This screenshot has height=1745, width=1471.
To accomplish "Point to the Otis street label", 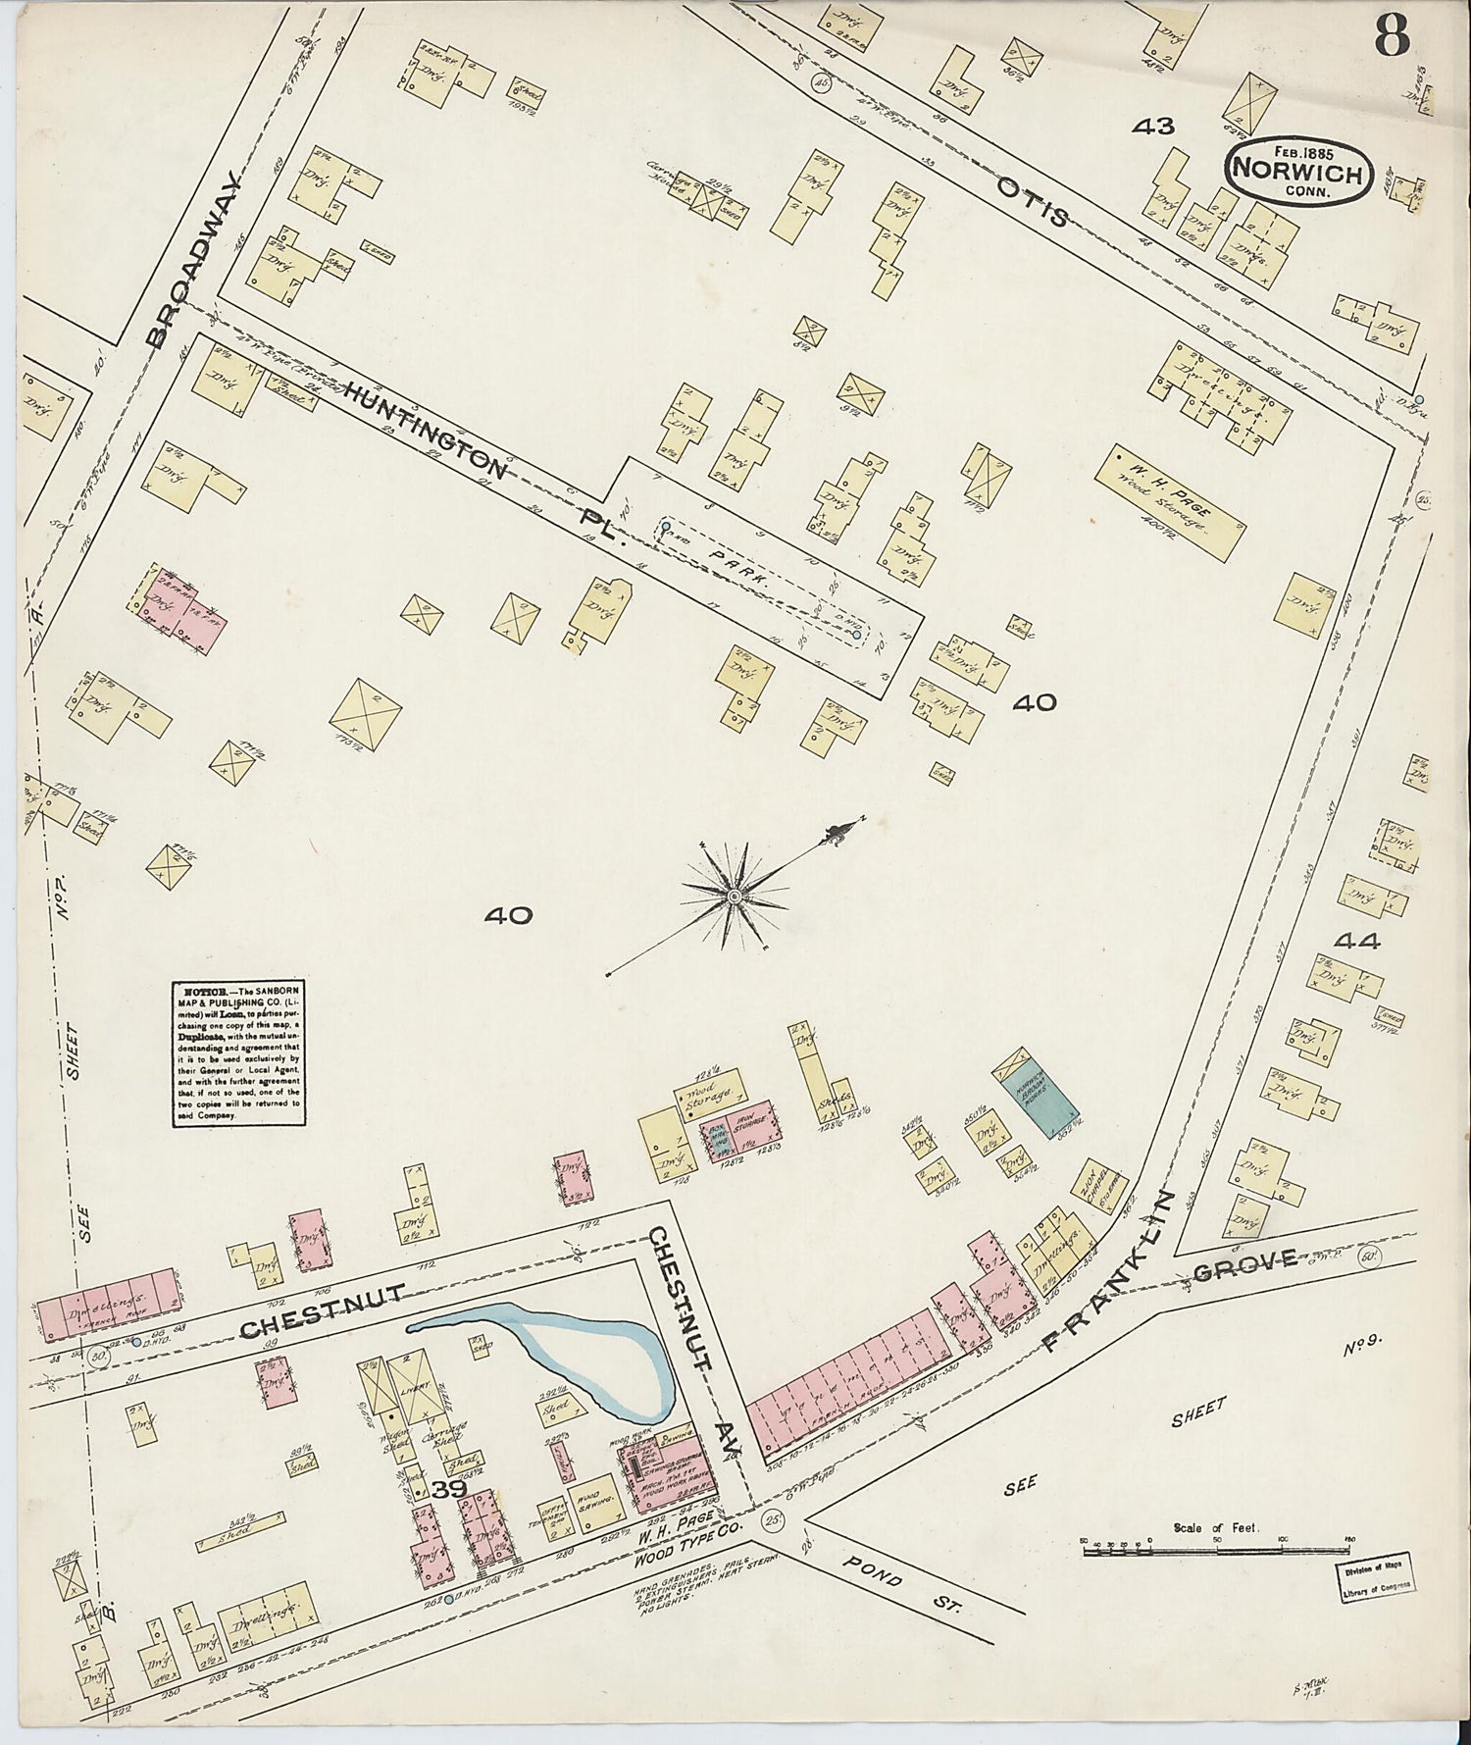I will (x=1033, y=201).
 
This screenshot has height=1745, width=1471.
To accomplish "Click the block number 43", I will (x=1152, y=126).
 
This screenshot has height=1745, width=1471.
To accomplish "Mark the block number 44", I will (x=1357, y=942).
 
